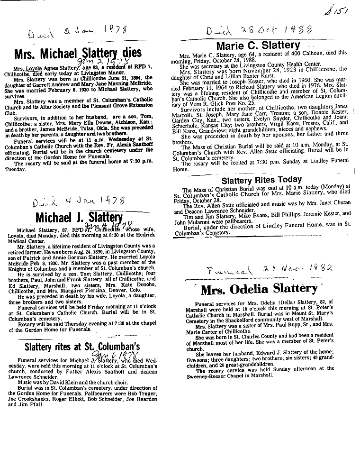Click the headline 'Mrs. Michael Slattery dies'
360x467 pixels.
click(x=78, y=53)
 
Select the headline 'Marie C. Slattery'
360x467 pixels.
click(x=258, y=46)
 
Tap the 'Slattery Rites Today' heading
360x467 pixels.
click(x=261, y=180)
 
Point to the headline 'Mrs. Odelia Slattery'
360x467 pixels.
click(x=259, y=288)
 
